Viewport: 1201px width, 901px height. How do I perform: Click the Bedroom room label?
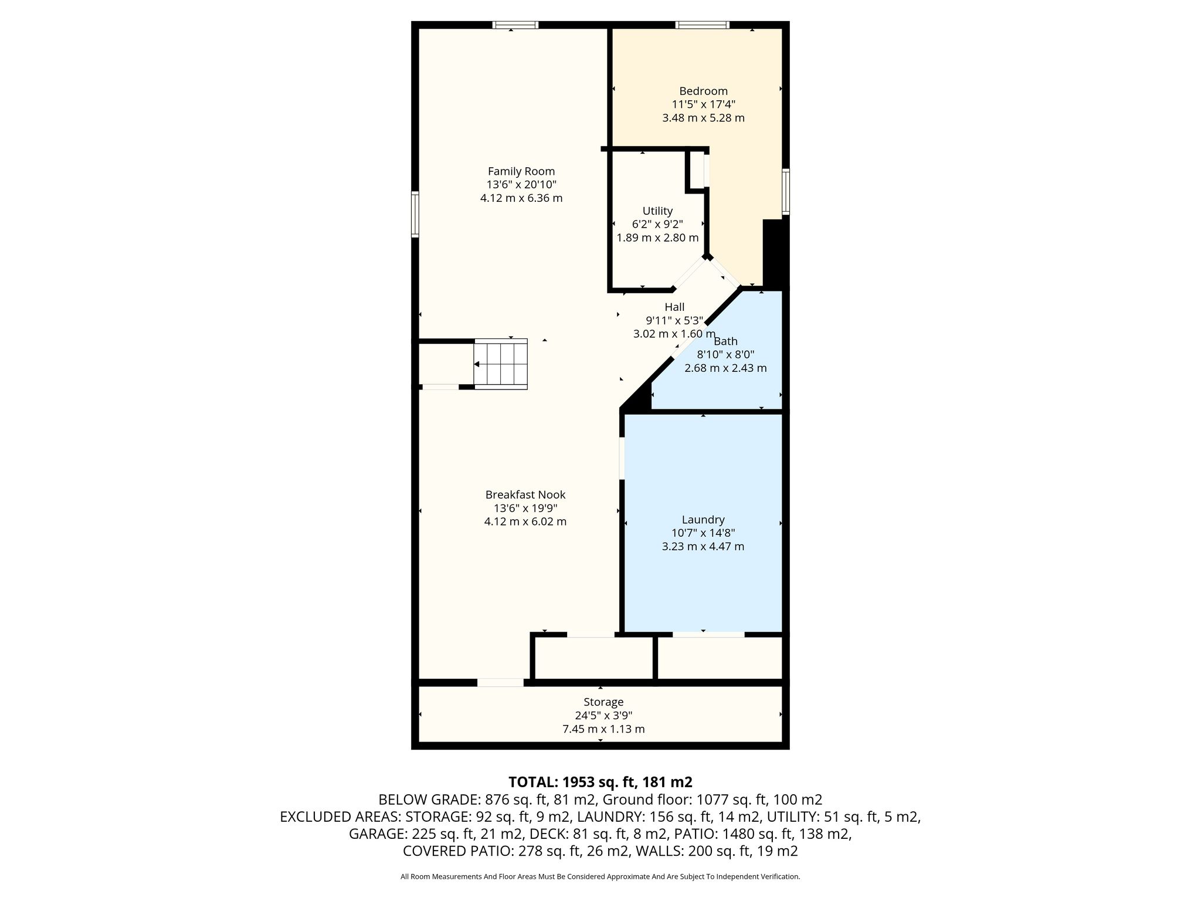[x=703, y=91]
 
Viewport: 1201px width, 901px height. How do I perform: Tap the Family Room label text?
[x=521, y=171]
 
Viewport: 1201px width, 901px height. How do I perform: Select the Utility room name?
[x=657, y=211]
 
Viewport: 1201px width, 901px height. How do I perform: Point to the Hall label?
[x=674, y=307]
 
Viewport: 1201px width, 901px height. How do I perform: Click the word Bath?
[x=725, y=341]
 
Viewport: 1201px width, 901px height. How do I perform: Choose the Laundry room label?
[x=703, y=520]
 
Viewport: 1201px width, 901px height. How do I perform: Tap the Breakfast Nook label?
[x=525, y=494]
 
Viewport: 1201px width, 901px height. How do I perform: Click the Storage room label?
[x=603, y=702]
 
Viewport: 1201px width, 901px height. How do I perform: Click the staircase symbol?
[x=500, y=364]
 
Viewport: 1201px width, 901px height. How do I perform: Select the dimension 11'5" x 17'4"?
[x=703, y=104]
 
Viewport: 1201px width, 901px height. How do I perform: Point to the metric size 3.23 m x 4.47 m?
[x=703, y=547]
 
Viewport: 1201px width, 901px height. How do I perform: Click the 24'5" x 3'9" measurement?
[x=603, y=716]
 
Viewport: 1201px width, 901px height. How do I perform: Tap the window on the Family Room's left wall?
[x=415, y=214]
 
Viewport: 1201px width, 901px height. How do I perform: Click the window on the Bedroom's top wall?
[x=702, y=25]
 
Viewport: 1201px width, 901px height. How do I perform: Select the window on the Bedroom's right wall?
[x=786, y=191]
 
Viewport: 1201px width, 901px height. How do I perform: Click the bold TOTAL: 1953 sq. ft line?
[x=600, y=782]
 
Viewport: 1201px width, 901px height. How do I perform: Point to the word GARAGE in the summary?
[x=375, y=834]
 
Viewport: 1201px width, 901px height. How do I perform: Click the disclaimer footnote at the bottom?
[x=600, y=877]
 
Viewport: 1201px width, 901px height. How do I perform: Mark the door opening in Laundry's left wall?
[x=622, y=458]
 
